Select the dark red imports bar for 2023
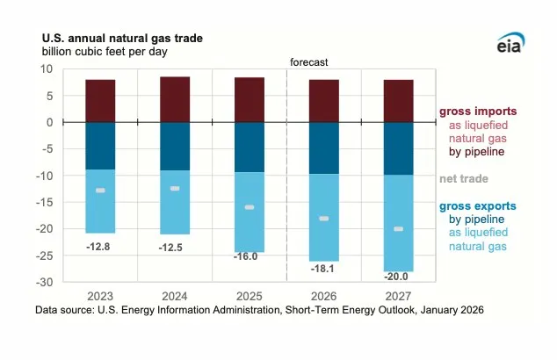pos(100,100)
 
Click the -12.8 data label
pos(99,248)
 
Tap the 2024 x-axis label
pos(175,297)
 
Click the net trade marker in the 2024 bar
pos(175,189)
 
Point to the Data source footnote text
pos(259,310)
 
